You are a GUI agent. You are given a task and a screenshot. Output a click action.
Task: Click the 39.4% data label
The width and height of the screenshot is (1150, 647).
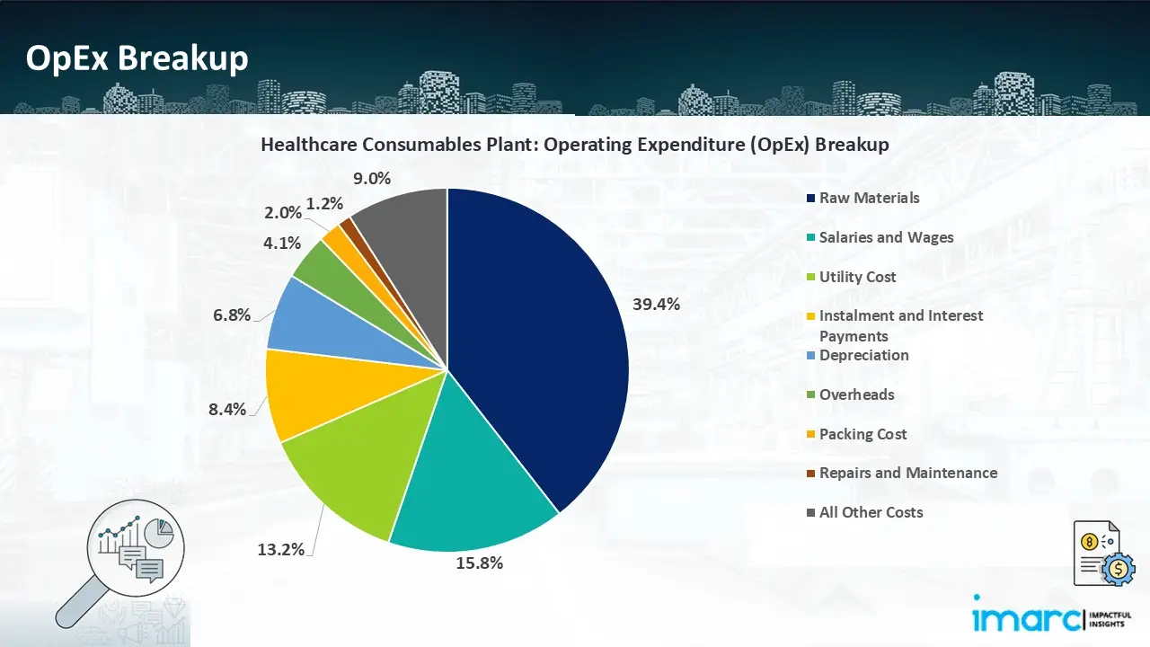point(656,305)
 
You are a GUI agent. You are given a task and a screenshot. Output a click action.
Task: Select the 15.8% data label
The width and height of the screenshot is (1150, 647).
point(480,563)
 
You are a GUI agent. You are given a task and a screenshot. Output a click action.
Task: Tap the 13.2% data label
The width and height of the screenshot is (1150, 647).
point(280,549)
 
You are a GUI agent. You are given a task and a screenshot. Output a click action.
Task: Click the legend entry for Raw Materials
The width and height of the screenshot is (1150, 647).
point(869,198)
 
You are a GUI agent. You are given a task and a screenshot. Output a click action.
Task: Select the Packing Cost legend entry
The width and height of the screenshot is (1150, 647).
point(862,434)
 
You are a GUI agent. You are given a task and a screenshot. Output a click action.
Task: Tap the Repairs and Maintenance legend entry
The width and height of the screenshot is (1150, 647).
point(907,473)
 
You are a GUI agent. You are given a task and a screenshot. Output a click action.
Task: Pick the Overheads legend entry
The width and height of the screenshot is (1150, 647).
point(856,394)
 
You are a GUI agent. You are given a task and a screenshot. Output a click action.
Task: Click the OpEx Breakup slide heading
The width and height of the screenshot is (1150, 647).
point(137,58)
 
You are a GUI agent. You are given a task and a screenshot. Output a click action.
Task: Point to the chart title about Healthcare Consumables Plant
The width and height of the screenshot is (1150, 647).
point(575,145)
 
